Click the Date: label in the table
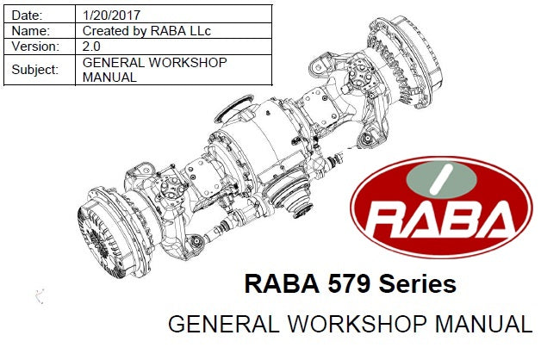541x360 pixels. point(27,16)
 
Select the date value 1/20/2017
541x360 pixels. point(111,16)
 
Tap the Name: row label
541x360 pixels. point(31,31)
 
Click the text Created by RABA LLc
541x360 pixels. point(146,31)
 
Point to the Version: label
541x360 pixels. point(35,47)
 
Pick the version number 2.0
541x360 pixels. point(91,47)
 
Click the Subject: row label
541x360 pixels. point(35,70)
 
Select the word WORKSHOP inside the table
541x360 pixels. point(188,62)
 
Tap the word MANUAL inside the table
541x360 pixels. point(109,78)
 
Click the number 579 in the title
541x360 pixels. point(349,283)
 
